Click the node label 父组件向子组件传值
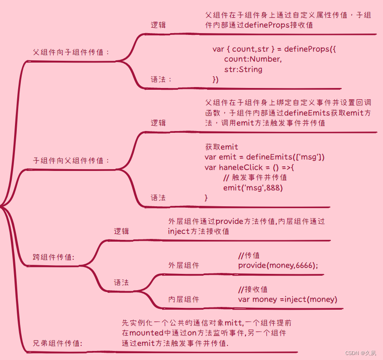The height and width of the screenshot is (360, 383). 71,52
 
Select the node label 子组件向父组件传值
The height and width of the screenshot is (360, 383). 71,161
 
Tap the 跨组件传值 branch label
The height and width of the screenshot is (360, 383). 54,257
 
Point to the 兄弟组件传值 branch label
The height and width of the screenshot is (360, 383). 57,343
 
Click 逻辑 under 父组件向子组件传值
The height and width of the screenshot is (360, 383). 158,25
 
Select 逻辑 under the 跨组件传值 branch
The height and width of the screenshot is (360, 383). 121,231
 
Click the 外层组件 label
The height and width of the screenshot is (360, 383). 183,265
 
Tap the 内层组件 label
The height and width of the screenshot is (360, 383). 183,299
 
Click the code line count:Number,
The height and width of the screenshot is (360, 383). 253,59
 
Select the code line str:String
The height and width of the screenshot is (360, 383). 243,70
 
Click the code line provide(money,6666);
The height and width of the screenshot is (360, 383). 278,265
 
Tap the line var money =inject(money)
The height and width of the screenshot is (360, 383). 287,299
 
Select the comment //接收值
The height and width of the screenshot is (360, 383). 253,289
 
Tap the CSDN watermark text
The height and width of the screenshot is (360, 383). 360,353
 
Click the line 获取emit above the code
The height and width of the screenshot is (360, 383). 221,147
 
